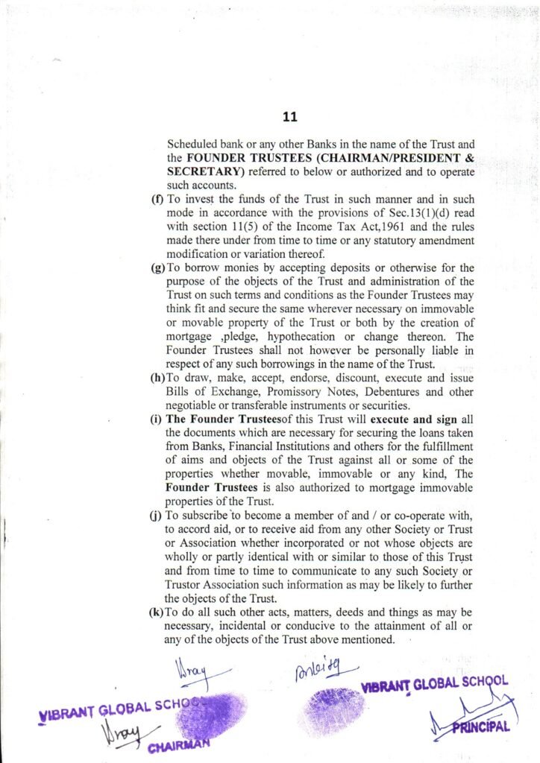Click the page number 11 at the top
coord(290,116)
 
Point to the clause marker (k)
coord(157,612)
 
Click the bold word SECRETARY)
coord(201,171)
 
